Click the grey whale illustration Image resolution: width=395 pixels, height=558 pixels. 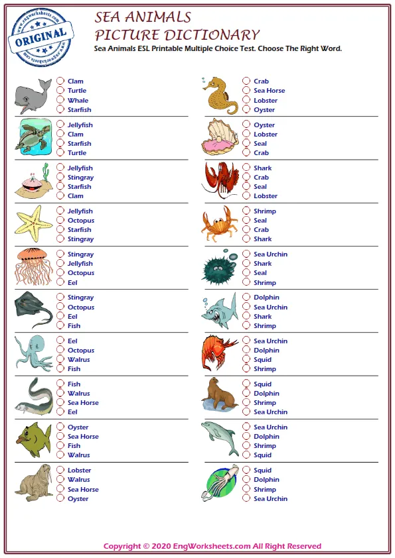(32, 95)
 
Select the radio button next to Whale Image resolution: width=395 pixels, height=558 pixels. (60, 101)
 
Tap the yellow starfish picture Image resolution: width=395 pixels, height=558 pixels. (33, 223)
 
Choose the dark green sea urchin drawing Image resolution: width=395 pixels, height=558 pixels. (218, 267)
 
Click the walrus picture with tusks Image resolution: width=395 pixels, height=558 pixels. (33, 482)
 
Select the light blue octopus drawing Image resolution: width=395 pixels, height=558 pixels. (33, 353)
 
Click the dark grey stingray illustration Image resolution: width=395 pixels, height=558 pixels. (33, 309)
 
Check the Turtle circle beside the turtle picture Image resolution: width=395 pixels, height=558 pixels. (60, 152)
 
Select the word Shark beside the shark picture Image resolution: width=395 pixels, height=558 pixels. (262, 317)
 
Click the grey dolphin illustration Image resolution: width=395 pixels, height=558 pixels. (220, 437)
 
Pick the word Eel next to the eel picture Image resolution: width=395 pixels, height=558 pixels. (72, 412)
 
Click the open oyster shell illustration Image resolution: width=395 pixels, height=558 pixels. (219, 137)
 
